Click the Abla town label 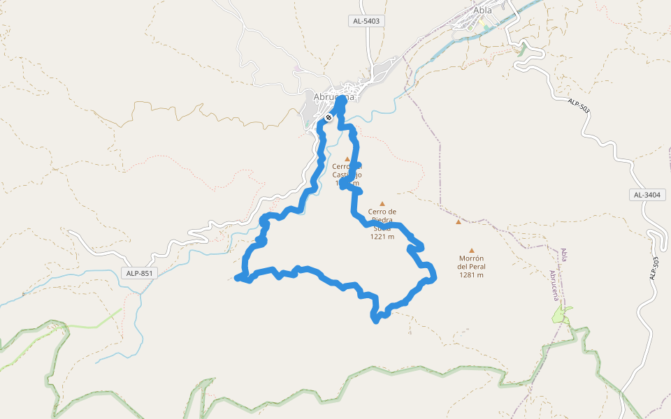coord(482,10)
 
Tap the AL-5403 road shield coord(366,22)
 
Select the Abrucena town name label coord(330,97)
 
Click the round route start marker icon coord(328,117)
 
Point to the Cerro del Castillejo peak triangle coord(347,159)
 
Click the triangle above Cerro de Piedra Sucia coord(382,203)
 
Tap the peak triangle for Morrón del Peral coord(472,250)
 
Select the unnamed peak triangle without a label coord(459,222)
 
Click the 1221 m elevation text coord(382,237)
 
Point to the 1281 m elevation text coord(472,275)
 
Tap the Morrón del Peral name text coord(472,262)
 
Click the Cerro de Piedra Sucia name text coord(383,219)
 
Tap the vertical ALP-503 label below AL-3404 coord(655,270)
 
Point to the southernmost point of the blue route coord(375,321)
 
